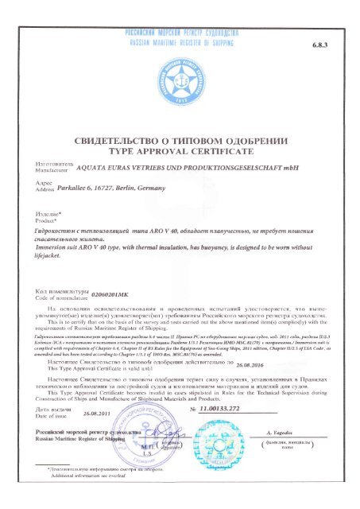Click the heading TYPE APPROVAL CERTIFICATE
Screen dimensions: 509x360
click(x=180, y=149)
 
